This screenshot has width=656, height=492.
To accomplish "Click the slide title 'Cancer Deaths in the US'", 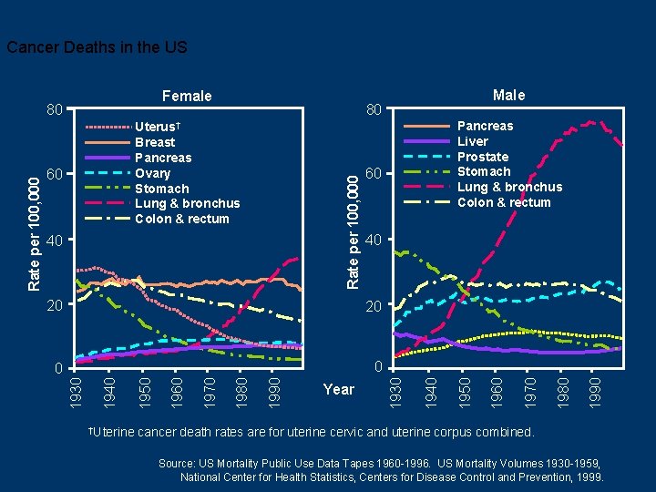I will click(x=97, y=46).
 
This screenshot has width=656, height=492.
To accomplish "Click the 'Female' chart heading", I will click(x=186, y=96).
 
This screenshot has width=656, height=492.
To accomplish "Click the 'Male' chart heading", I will click(x=508, y=95).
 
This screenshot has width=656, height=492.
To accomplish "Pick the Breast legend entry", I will click(x=155, y=142).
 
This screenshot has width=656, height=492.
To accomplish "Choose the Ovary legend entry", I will click(x=153, y=173).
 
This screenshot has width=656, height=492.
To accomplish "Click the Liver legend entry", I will click(x=473, y=141).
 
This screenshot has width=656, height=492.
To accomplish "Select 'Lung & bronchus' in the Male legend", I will click(x=509, y=187).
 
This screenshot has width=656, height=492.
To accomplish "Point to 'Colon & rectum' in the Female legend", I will click(x=182, y=219).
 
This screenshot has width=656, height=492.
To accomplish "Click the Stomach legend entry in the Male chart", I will click(x=484, y=171).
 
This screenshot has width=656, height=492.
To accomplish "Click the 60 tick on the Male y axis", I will click(x=372, y=173).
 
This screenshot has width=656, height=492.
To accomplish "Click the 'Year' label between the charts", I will click(x=338, y=389).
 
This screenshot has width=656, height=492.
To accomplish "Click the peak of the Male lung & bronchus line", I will click(x=591, y=121).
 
